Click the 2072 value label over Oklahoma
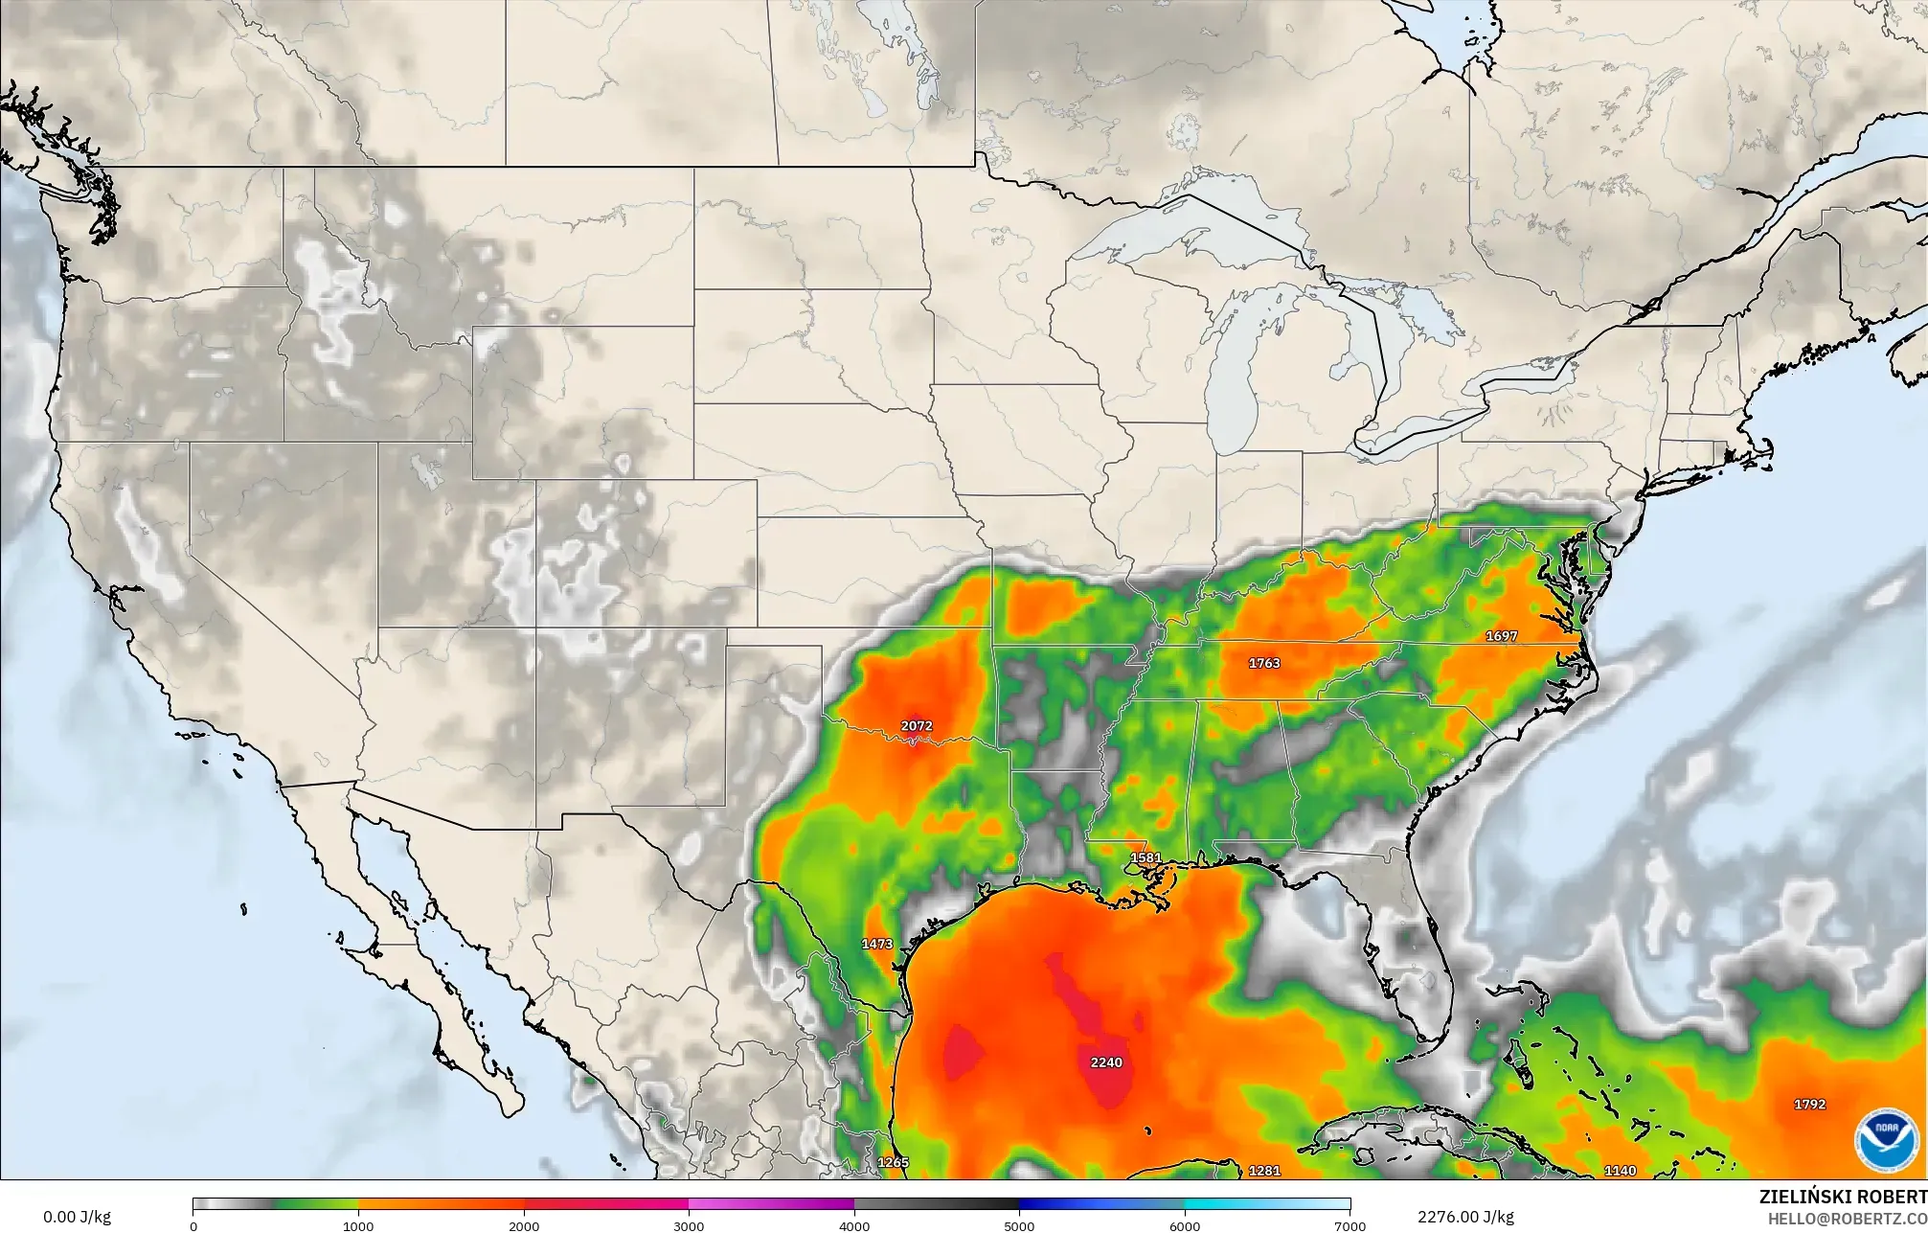point(917,726)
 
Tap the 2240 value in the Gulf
point(1106,1062)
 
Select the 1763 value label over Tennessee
point(1264,663)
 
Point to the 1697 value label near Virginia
point(1502,636)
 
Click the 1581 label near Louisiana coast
point(1145,858)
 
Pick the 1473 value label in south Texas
point(877,944)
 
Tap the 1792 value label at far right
point(1809,1105)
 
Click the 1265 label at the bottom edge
point(893,1163)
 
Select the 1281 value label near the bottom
point(1264,1171)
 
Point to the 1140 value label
point(1621,1171)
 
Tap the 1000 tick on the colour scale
point(358,1225)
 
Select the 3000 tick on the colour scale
point(689,1225)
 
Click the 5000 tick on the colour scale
point(1019,1225)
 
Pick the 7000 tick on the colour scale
point(1350,1225)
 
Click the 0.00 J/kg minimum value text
point(77,1218)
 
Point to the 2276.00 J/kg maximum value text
point(1465,1218)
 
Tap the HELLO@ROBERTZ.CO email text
point(1847,1218)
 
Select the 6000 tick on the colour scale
point(1185,1225)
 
